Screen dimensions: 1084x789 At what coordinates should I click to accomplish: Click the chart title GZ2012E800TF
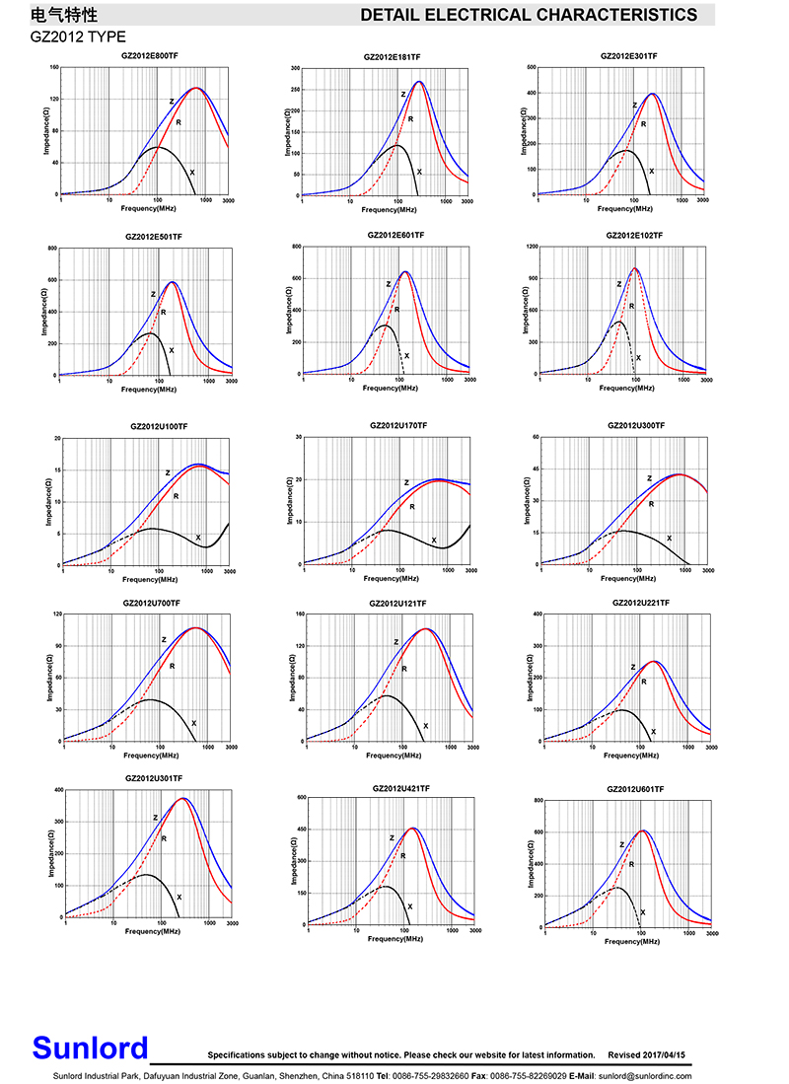pos(150,58)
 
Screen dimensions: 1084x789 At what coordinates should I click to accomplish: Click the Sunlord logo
pos(90,1048)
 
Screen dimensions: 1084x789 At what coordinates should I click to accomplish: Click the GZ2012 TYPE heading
pos(78,36)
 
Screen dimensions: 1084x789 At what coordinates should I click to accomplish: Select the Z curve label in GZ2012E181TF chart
pos(403,94)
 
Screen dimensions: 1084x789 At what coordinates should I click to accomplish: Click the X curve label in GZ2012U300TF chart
pos(670,538)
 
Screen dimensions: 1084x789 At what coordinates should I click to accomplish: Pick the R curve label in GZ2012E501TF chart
pos(163,312)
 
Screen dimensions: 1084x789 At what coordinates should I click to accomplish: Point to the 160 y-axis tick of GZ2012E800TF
pos(54,68)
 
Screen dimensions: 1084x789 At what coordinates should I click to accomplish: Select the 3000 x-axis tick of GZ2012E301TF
pos(702,200)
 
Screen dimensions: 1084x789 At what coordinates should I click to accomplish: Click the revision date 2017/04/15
pos(673,1054)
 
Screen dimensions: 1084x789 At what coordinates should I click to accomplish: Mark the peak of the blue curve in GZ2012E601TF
pos(404,271)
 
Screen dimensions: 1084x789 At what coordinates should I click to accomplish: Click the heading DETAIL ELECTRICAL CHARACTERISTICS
pos(529,15)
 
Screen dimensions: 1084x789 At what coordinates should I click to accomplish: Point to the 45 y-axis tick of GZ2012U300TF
pos(535,470)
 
